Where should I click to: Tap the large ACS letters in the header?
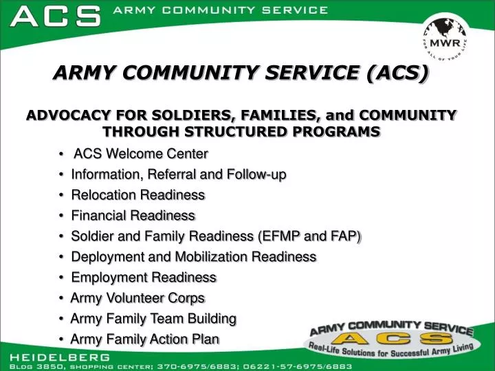point(56,16)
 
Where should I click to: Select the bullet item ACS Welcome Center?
point(140,153)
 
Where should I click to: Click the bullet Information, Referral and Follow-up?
point(179,175)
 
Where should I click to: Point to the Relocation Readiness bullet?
point(138,195)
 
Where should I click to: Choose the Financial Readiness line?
point(133,216)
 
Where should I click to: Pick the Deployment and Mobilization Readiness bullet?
point(194,257)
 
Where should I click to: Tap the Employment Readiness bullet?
point(144,278)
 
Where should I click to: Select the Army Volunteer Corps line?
point(137,298)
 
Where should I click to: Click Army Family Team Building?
point(153,319)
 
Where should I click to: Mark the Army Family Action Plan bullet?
point(145,339)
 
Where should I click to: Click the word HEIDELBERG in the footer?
point(59,357)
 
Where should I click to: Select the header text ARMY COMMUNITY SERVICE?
point(219,10)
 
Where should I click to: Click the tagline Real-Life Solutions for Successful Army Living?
point(390,349)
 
